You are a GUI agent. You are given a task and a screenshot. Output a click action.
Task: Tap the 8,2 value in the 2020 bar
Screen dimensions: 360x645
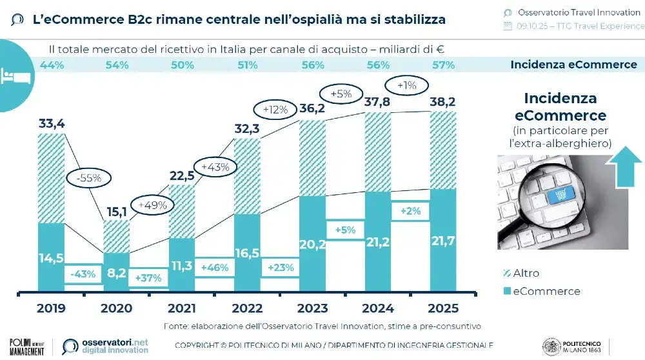(x=116, y=273)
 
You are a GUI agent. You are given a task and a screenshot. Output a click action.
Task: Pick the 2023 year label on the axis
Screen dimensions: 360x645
(x=312, y=308)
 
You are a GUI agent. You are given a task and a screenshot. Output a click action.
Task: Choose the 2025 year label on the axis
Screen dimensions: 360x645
(x=442, y=308)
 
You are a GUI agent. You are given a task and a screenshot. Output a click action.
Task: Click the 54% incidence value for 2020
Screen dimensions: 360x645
(x=117, y=65)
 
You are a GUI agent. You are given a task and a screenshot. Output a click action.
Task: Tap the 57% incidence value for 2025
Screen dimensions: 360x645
(x=442, y=65)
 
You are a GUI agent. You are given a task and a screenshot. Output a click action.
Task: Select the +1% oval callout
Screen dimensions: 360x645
(x=407, y=85)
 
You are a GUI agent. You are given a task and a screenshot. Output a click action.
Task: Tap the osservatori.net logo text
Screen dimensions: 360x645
(x=115, y=342)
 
